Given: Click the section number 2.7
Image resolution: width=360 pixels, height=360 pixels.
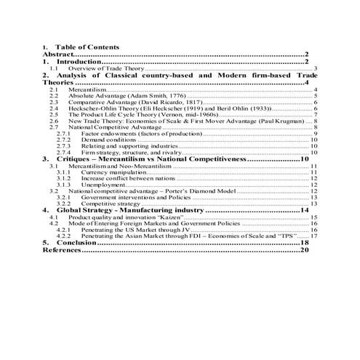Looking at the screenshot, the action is coord(53,127).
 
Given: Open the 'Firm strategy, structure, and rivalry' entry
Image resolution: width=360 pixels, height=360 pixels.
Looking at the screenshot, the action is coord(131,153).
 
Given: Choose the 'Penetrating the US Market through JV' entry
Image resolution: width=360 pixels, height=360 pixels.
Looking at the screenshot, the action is coord(135,230).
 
